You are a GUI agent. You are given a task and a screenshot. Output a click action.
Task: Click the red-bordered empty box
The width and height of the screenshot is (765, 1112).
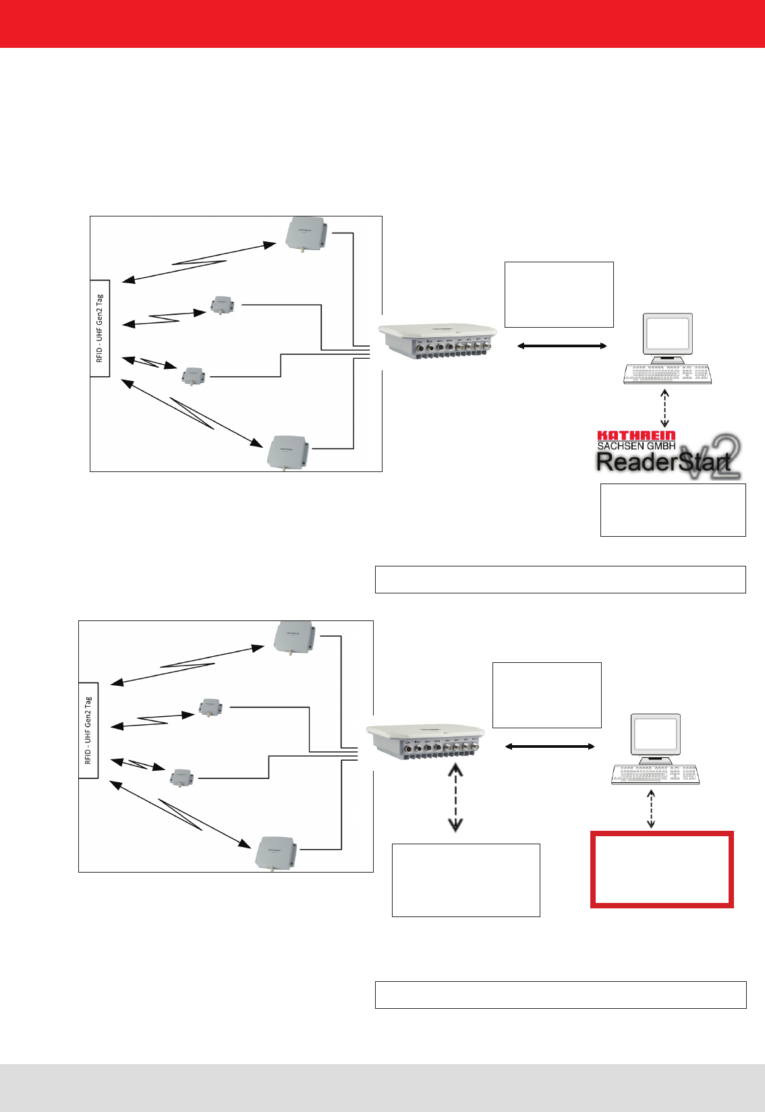(x=662, y=869)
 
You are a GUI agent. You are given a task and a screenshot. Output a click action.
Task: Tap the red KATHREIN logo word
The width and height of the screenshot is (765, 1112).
(x=636, y=436)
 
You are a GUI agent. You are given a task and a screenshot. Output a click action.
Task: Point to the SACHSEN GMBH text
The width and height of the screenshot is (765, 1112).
(x=636, y=446)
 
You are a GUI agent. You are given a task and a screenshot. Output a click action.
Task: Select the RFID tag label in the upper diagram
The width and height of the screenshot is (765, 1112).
(x=100, y=328)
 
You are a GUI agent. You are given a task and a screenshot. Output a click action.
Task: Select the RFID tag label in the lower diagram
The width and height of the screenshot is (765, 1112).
(x=88, y=731)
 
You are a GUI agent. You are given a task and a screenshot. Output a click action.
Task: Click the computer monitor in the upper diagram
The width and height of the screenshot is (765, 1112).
(x=667, y=334)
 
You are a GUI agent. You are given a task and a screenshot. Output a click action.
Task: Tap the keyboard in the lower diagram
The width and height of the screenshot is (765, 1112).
(x=655, y=775)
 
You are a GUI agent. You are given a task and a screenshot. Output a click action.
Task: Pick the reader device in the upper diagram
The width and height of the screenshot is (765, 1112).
(x=438, y=341)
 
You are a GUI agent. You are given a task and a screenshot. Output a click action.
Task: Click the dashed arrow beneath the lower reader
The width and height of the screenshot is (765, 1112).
(x=456, y=797)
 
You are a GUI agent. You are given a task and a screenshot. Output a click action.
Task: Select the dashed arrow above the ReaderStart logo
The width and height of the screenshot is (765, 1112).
(x=665, y=407)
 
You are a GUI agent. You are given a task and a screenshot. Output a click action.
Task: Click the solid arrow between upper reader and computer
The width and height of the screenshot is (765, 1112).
(x=561, y=346)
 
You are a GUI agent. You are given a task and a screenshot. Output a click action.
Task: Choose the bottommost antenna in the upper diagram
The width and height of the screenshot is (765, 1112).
(x=288, y=452)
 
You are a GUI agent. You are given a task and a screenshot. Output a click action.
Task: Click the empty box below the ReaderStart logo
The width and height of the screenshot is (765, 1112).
(x=673, y=510)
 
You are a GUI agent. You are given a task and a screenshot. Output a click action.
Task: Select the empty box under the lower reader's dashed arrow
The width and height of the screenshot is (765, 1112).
(x=465, y=880)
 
